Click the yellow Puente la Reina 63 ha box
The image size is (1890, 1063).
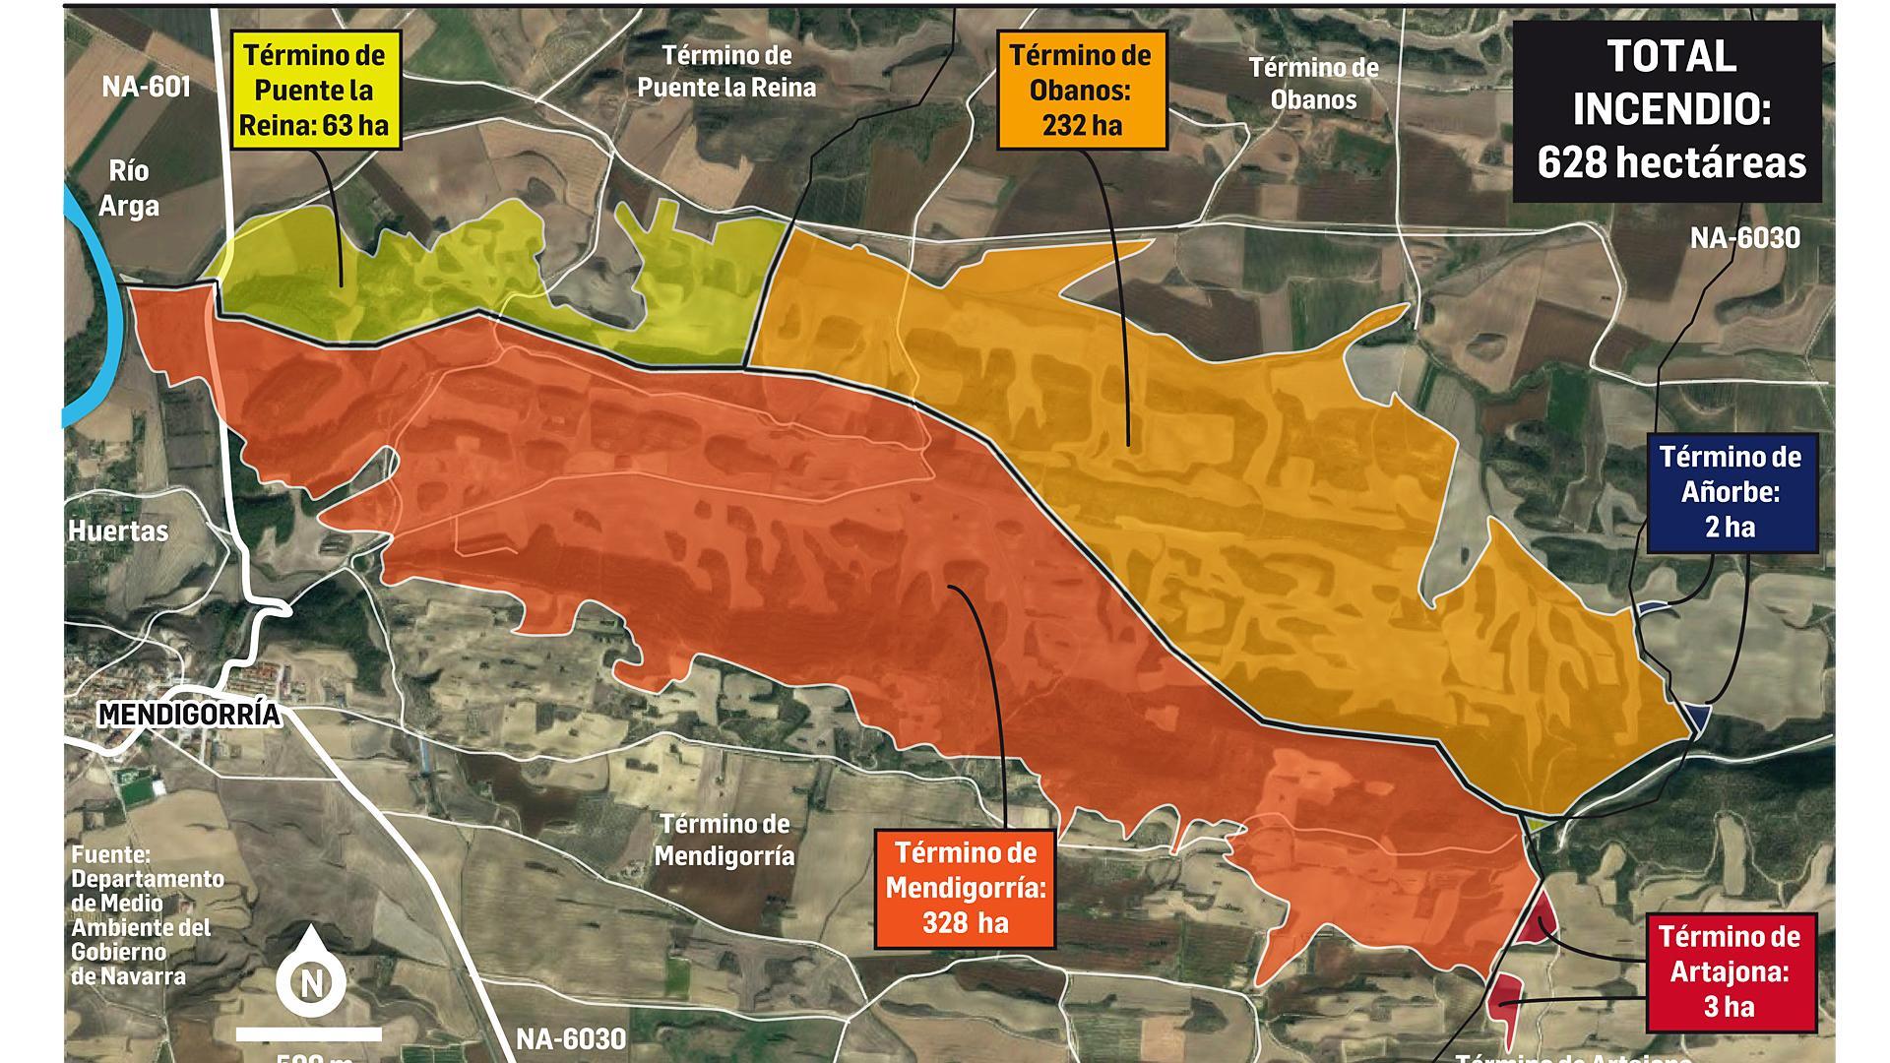coord(315,90)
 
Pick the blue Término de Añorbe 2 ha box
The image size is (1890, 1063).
coord(1730,492)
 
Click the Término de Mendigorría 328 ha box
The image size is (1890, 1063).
coord(965,887)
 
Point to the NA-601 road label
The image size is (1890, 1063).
coord(146,87)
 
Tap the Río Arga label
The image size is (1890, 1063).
coord(129,188)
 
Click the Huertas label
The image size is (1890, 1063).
coord(118,531)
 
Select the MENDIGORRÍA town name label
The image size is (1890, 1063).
coord(189,716)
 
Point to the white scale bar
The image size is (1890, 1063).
coord(309,1033)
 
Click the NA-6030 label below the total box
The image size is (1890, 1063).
coord(1744,238)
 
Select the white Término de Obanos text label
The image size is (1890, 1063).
coord(1313,84)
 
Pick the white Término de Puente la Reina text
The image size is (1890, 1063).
coord(726,71)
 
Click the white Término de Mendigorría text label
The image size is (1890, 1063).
coord(724,840)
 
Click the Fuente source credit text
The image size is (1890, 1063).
coord(146,915)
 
